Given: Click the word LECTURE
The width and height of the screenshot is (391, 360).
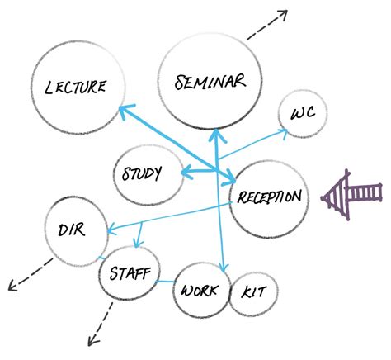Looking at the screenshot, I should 75,86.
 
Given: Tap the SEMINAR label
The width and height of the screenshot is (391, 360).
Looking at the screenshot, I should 210,81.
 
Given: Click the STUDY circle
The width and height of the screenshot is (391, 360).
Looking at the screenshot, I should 147,174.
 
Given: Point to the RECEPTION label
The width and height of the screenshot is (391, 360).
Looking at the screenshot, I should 270,197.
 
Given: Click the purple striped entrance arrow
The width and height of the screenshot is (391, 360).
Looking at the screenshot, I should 353,196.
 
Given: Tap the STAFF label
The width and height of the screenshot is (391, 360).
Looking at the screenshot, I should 130,272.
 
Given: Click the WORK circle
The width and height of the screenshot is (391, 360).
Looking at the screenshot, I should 200,291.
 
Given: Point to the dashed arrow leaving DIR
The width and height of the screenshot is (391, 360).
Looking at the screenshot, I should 27,275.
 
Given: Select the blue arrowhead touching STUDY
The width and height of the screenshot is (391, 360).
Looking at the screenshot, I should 186,173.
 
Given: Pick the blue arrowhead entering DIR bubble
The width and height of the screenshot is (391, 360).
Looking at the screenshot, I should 106,230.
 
